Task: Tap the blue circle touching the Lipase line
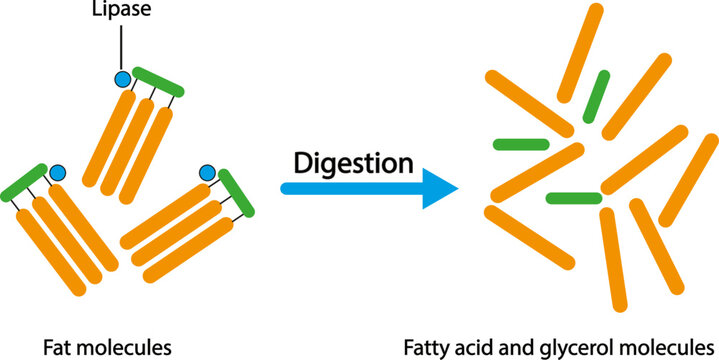[123, 79]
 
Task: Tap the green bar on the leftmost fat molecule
[24, 179]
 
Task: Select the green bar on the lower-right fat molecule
[236, 194]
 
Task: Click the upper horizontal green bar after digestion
[521, 145]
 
